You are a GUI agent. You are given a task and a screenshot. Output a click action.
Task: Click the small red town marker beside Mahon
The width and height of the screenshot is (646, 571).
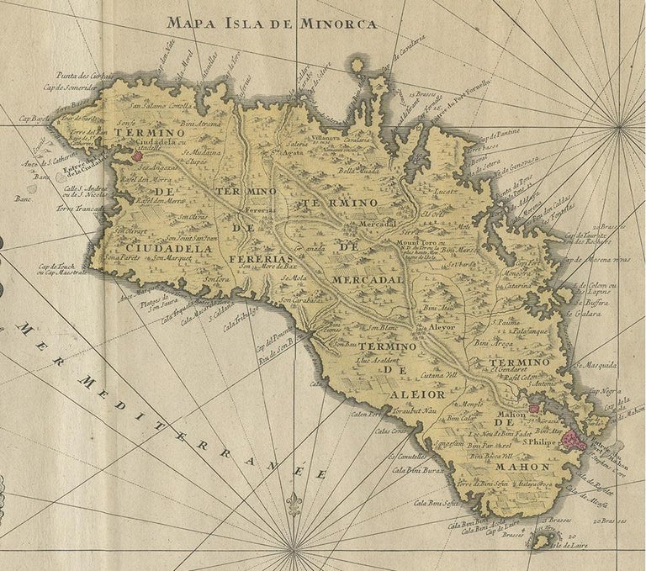tap(532, 409)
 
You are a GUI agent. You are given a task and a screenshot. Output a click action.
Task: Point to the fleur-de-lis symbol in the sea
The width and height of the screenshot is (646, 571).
tap(294, 504)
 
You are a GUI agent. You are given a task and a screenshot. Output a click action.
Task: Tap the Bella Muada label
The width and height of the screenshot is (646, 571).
tap(358, 171)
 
